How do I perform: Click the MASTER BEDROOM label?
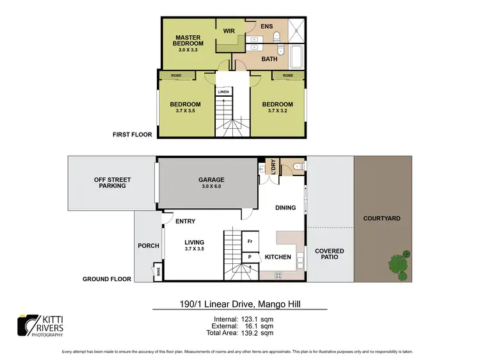[189, 40]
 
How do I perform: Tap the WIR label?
[228, 31]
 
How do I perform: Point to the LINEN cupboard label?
[223, 92]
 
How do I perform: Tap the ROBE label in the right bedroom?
[288, 76]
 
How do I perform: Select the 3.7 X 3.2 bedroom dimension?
[277, 111]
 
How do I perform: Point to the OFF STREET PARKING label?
[109, 183]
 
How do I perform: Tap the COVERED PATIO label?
[329, 254]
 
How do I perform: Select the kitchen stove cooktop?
[279, 275]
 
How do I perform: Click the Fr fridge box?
[250, 241]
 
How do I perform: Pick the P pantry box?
[250, 257]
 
